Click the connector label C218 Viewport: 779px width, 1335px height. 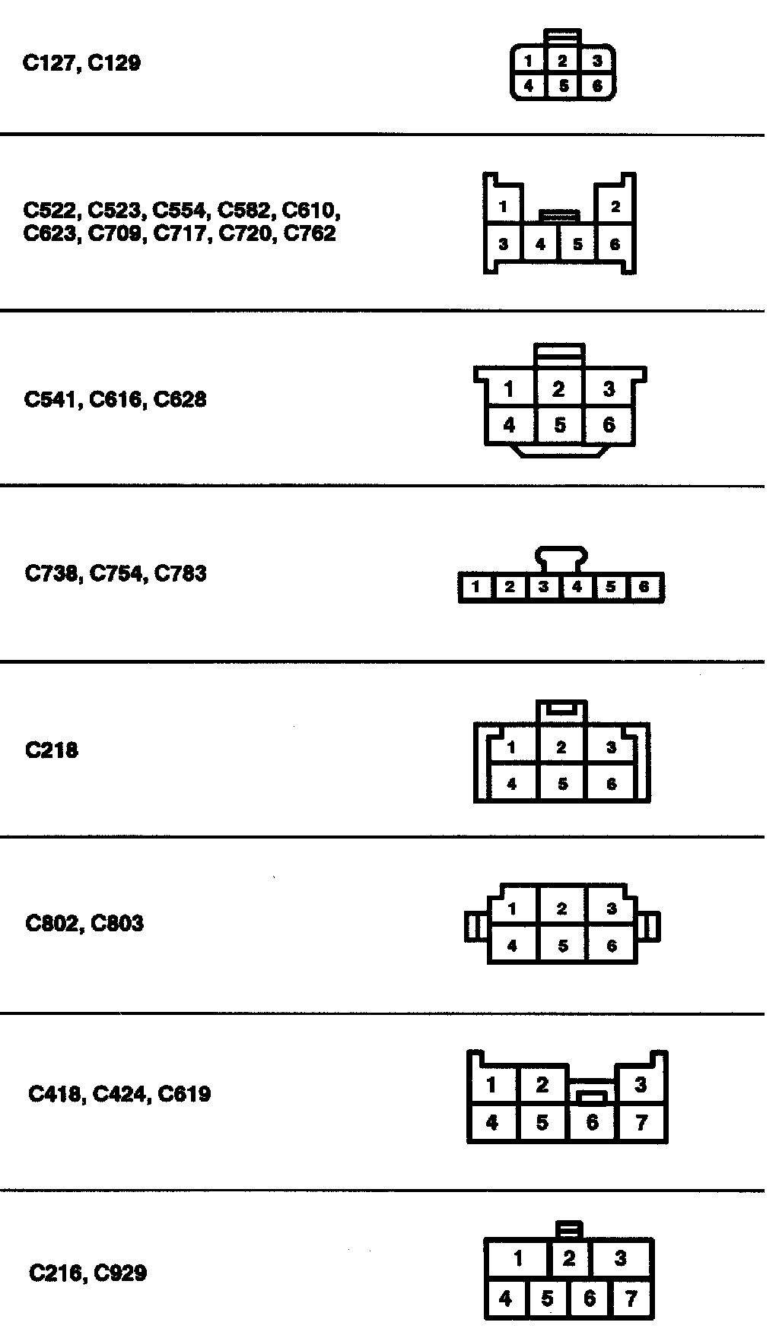pyautogui.click(x=52, y=750)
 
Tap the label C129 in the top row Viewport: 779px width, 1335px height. pyautogui.click(x=115, y=63)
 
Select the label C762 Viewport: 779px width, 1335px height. pyautogui.click(x=309, y=233)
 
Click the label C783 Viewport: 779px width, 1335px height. pyautogui.click(x=180, y=573)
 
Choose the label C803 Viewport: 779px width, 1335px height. pyautogui.click(x=117, y=924)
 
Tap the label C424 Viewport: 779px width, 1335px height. pyautogui.click(x=119, y=1095)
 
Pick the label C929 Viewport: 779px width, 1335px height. pyautogui.click(x=120, y=1273)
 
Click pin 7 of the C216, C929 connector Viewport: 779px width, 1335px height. pyautogui.click(x=631, y=1299)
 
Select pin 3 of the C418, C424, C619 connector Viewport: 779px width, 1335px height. pyautogui.click(x=641, y=1084)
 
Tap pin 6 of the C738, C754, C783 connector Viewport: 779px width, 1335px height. pyautogui.click(x=644, y=587)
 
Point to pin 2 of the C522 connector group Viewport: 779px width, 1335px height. pyautogui.click(x=615, y=206)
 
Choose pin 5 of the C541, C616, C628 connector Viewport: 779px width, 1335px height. pyautogui.click(x=560, y=425)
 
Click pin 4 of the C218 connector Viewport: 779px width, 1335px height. pyautogui.click(x=511, y=784)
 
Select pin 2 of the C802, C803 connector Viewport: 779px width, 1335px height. pyautogui.click(x=561, y=908)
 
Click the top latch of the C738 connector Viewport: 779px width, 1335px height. pyautogui.click(x=561, y=557)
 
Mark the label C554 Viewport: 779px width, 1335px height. pyautogui.click(x=180, y=210)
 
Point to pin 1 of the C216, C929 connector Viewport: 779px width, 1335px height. pyautogui.click(x=518, y=1258)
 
